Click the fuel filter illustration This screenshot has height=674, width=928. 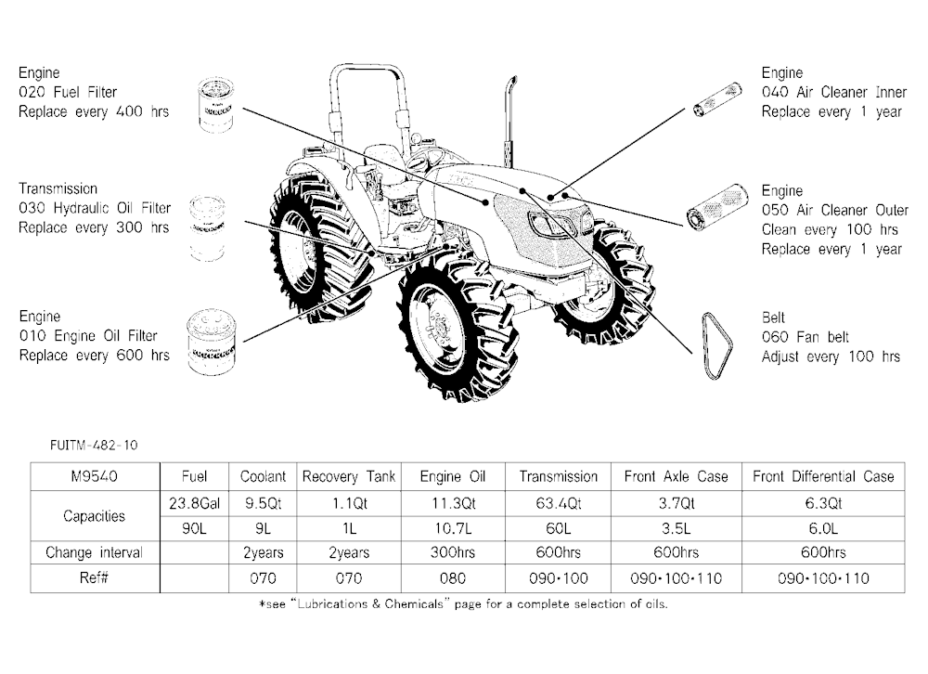point(216,106)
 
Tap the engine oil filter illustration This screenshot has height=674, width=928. point(212,343)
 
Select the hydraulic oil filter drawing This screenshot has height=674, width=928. point(207,228)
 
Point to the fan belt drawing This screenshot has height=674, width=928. point(716,346)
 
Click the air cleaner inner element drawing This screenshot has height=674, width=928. point(717,100)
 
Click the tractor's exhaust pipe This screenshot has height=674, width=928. point(510,122)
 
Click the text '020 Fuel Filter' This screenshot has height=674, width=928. point(68,93)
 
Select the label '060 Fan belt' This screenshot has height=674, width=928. point(806,337)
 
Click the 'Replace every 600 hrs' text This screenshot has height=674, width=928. point(94,356)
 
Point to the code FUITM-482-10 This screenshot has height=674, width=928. point(94,446)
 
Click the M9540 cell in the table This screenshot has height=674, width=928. point(95,477)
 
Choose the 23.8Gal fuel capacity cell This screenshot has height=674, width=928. point(194,503)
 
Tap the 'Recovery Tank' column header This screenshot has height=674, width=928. point(349,477)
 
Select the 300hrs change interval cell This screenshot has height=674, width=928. point(453,552)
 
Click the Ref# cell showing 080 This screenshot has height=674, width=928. point(453,578)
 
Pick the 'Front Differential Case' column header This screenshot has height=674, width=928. point(823,477)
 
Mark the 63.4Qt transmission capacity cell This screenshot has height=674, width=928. point(558,503)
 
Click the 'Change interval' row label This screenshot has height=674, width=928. point(94,552)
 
